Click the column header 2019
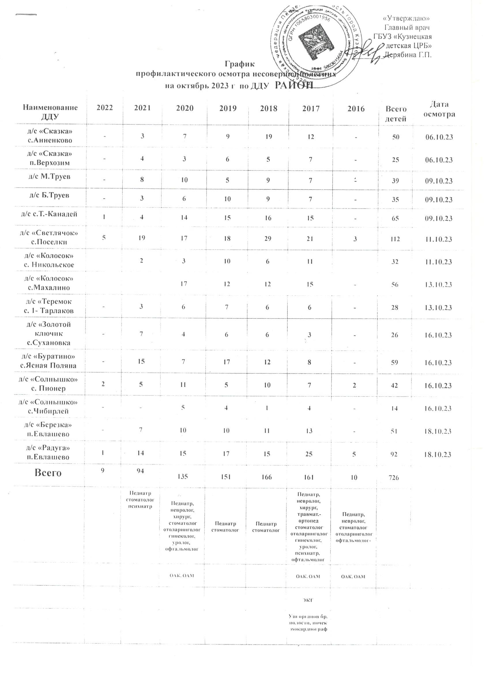[x=228, y=108]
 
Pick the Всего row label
[x=48, y=472]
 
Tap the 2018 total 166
[x=268, y=478]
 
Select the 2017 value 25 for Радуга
[x=309, y=454]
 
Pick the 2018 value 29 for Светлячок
[x=268, y=239]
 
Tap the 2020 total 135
[x=184, y=478]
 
